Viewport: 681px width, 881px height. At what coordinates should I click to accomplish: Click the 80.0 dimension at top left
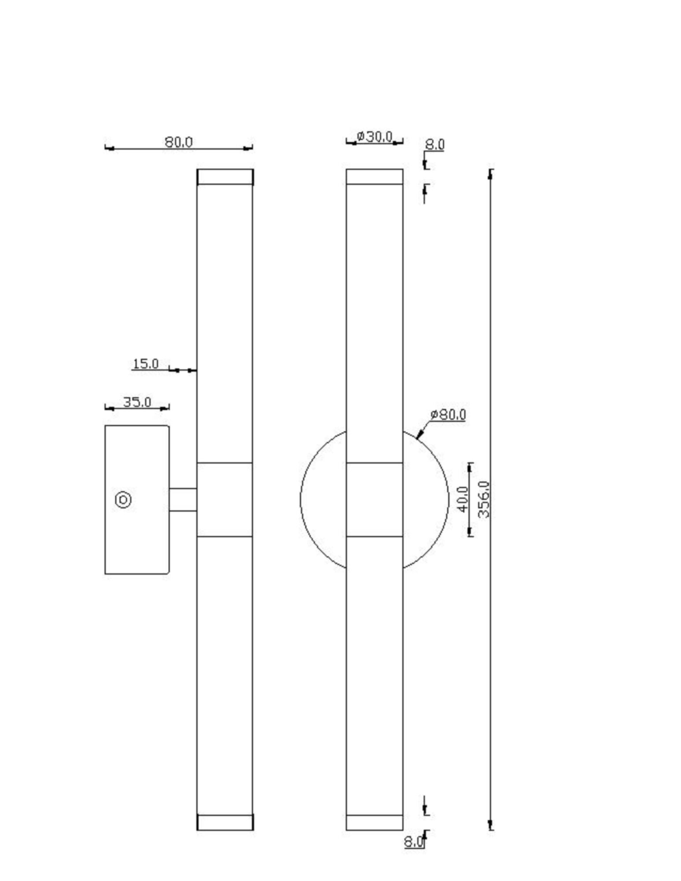(x=178, y=142)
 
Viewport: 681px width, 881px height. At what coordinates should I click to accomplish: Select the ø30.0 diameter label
(x=374, y=137)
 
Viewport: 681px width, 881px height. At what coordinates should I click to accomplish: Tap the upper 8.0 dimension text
(x=434, y=144)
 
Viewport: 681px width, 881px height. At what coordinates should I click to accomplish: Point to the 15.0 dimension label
(x=146, y=364)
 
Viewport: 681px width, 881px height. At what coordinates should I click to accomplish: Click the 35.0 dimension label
(x=137, y=402)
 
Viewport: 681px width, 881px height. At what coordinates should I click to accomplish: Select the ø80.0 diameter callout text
(x=448, y=415)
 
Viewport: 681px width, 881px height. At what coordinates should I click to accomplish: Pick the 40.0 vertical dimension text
(x=463, y=499)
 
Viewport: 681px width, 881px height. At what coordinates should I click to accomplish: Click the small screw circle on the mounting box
(x=123, y=500)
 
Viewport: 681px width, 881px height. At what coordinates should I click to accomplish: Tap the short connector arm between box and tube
(x=183, y=500)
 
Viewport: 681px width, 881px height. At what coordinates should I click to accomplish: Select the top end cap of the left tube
(x=225, y=177)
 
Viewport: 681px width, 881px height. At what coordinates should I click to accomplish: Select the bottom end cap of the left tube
(x=225, y=822)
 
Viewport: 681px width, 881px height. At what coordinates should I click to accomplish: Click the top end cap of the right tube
(x=374, y=177)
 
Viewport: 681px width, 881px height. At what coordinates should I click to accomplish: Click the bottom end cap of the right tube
(x=374, y=822)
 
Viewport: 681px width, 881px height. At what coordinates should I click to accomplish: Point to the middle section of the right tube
(x=374, y=500)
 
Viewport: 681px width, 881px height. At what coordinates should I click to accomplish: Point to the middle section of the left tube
(x=225, y=500)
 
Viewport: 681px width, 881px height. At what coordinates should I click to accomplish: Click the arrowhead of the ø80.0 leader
(x=419, y=435)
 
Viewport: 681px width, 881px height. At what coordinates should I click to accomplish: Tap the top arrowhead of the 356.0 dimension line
(x=491, y=174)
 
